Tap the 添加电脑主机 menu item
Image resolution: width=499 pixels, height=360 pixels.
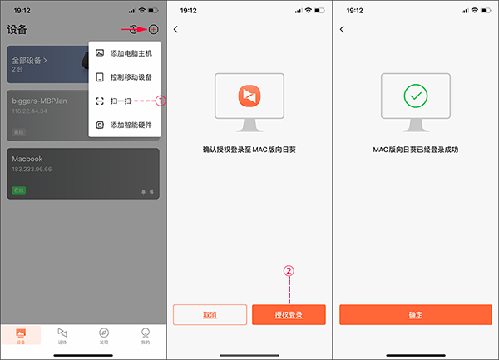pos(124,54)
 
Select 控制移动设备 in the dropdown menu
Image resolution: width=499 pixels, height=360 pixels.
pos(124,77)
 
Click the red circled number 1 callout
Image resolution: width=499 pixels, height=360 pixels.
pos(162,101)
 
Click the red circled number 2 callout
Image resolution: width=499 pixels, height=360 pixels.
pos(289,270)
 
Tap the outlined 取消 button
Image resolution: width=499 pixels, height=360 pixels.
pos(210,314)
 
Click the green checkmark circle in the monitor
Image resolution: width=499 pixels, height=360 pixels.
pos(415,96)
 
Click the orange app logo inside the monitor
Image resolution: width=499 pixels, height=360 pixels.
pos(249,96)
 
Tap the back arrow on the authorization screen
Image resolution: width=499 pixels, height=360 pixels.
pos(176,30)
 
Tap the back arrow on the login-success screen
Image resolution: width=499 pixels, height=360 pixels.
pos(342,30)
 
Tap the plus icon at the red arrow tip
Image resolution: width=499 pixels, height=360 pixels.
pos(153,29)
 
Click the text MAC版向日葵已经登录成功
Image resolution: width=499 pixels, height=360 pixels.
pos(416,150)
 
